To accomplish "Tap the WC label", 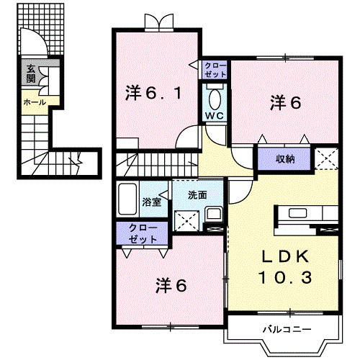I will click(x=215, y=115).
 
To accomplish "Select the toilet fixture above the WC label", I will click(x=215, y=96).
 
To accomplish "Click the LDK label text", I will click(x=284, y=257).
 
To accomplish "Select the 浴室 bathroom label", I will click(x=152, y=203).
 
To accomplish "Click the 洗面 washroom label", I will click(x=198, y=194).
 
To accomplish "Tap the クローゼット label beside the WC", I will click(x=215, y=71).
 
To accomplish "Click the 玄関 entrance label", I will click(x=31, y=73).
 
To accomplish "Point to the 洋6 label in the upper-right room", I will click(x=285, y=102).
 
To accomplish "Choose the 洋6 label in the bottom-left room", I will click(x=171, y=285).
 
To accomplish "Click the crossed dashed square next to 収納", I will click(x=328, y=156).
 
